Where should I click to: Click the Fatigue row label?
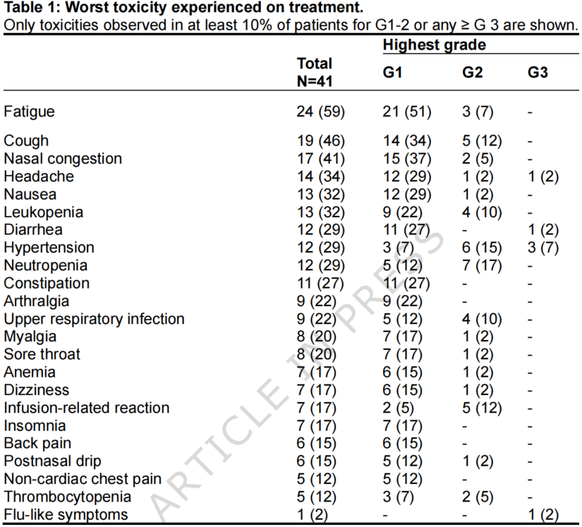pyautogui.click(x=29, y=111)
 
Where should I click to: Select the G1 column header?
pyautogui.click(x=392, y=72)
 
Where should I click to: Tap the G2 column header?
pyautogui.click(x=472, y=72)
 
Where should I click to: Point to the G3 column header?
pyautogui.click(x=538, y=72)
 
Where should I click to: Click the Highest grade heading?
pyautogui.click(x=435, y=45)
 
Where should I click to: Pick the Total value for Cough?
pyautogui.click(x=321, y=140)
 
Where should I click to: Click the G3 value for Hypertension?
pyautogui.click(x=543, y=248)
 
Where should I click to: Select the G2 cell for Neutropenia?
pyautogui.click(x=482, y=265)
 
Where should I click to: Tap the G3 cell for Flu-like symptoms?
pyautogui.click(x=543, y=514)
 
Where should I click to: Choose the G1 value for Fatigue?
pyautogui.click(x=407, y=111)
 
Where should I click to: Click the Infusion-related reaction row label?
pyautogui.click(x=87, y=408)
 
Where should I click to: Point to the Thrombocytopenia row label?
pyautogui.click(x=67, y=497)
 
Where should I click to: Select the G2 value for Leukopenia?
pyautogui.click(x=482, y=212)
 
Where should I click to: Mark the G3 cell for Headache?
pyautogui.click(x=543, y=176)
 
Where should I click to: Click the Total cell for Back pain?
pyautogui.click(x=317, y=443)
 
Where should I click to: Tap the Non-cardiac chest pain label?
pyautogui.click(x=83, y=479)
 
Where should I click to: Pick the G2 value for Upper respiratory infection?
pyautogui.click(x=482, y=319)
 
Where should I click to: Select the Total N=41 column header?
pyautogui.click(x=315, y=73)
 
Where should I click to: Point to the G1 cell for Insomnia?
pyautogui.click(x=403, y=425)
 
